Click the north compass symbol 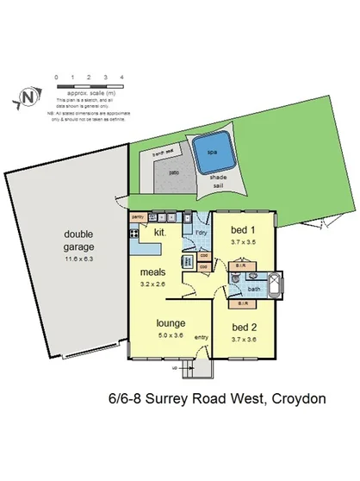coord(29,97)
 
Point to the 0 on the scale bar coord(57,78)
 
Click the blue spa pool coord(211,155)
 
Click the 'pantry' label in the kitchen coord(137,217)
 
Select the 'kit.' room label coord(159,233)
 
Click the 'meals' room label coord(153,272)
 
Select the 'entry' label coord(201,336)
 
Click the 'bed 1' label coord(244,230)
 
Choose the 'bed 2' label coord(245,328)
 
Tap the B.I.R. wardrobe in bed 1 coord(240,268)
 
